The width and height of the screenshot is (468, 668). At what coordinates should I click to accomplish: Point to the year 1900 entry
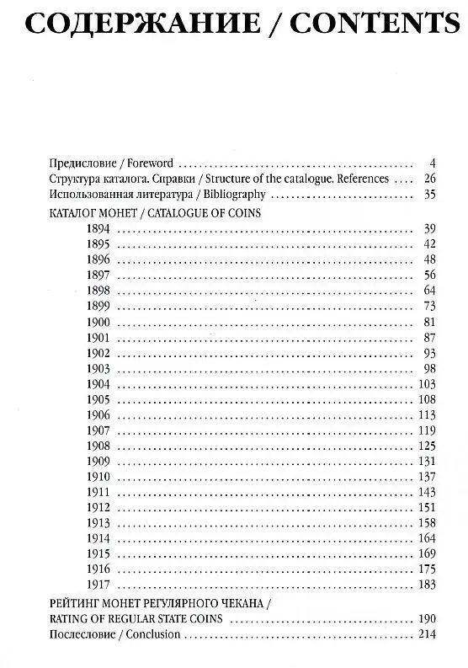point(98,322)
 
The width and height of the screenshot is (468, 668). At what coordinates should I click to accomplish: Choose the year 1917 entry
point(98,584)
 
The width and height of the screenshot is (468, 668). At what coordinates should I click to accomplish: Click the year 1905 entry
point(98,398)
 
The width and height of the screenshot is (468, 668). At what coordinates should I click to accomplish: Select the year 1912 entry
point(98,506)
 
